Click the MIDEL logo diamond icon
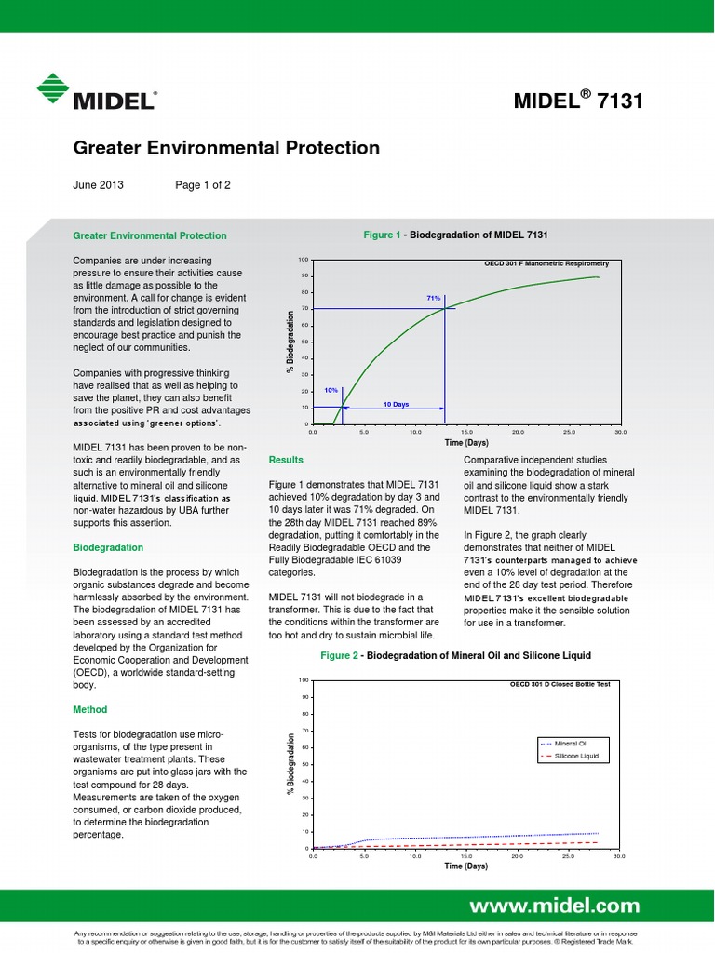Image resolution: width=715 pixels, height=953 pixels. click(55, 89)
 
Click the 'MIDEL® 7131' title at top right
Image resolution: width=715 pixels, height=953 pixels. click(577, 101)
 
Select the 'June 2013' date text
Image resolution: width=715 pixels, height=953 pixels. click(98, 184)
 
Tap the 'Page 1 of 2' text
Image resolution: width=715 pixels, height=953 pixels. click(203, 184)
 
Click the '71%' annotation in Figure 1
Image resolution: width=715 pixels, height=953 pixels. click(433, 298)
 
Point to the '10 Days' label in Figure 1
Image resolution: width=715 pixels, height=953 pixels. click(397, 405)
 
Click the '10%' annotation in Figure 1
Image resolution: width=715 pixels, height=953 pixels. click(331, 391)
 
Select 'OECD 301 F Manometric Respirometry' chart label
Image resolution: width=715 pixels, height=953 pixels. click(546, 263)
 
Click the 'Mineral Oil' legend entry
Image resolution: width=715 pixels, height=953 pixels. click(571, 743)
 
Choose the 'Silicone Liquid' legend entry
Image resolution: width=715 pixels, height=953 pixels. click(575, 757)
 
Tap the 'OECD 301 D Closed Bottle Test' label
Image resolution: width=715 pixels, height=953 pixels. click(560, 684)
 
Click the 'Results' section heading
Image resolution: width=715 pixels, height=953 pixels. click(285, 460)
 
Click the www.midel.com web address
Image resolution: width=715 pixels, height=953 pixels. click(554, 906)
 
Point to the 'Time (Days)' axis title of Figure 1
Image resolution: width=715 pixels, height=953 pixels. click(465, 443)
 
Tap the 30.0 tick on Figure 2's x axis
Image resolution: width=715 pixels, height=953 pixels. click(619, 855)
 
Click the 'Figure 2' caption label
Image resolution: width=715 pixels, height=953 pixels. click(340, 655)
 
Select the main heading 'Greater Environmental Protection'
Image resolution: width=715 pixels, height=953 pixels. click(226, 148)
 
